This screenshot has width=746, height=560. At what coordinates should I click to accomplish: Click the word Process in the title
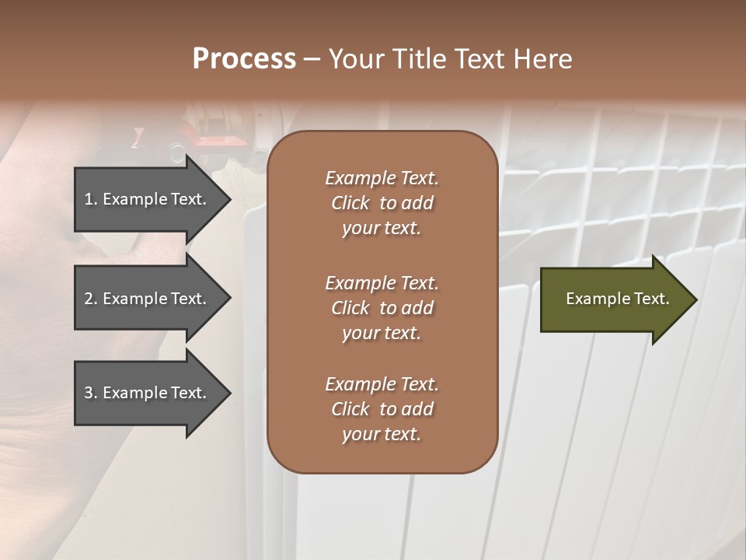(x=244, y=59)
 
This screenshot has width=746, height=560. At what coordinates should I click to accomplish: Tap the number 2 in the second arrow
(x=89, y=299)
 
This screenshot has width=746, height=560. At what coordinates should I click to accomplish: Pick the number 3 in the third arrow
(x=89, y=393)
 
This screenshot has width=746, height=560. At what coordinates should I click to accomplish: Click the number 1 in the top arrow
(x=89, y=199)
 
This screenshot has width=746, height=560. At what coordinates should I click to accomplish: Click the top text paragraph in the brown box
(x=382, y=203)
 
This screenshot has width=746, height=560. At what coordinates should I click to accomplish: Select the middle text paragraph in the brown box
(x=382, y=308)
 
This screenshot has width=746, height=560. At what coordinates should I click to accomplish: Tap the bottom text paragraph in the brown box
(x=382, y=409)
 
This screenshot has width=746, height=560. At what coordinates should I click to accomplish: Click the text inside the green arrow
(x=618, y=299)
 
